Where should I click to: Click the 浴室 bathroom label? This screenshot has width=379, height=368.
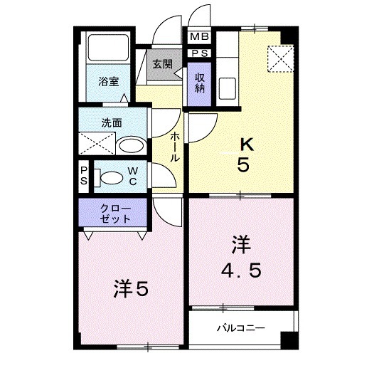pos(109,82)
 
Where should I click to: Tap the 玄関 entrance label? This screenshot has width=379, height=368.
pos(161,64)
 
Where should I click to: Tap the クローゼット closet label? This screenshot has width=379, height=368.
pos(114,213)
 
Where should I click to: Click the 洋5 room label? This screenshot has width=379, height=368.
pos(131,289)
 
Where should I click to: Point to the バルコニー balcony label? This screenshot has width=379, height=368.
pos(241,328)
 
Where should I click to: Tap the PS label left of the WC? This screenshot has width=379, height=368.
pos(84,177)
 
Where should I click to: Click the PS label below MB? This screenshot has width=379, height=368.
pos(198,53)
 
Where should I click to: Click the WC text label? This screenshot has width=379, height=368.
pos(134,177)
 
